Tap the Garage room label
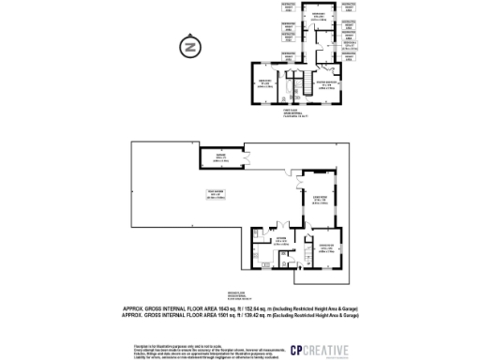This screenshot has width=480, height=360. (221, 157)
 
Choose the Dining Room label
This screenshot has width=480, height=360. (327, 247)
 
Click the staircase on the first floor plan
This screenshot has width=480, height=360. (302, 86)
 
